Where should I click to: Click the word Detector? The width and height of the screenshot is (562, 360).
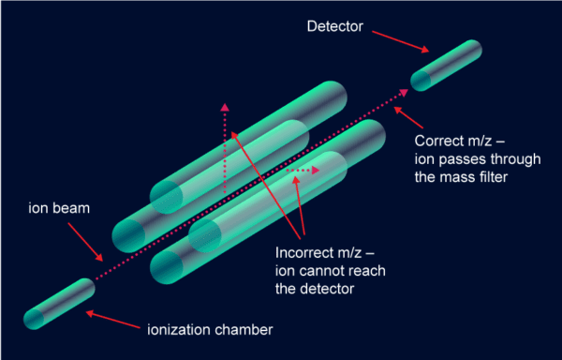click(333, 25)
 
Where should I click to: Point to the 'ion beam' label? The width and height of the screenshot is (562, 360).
click(60, 208)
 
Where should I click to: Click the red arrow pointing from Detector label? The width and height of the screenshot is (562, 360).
click(402, 40)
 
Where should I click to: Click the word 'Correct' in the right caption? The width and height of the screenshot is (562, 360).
click(437, 142)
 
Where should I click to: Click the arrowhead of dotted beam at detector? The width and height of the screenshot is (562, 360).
click(405, 92)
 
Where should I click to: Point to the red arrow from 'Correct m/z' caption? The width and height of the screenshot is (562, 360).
click(410, 118)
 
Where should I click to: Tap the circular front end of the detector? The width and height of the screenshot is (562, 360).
click(421, 80)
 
